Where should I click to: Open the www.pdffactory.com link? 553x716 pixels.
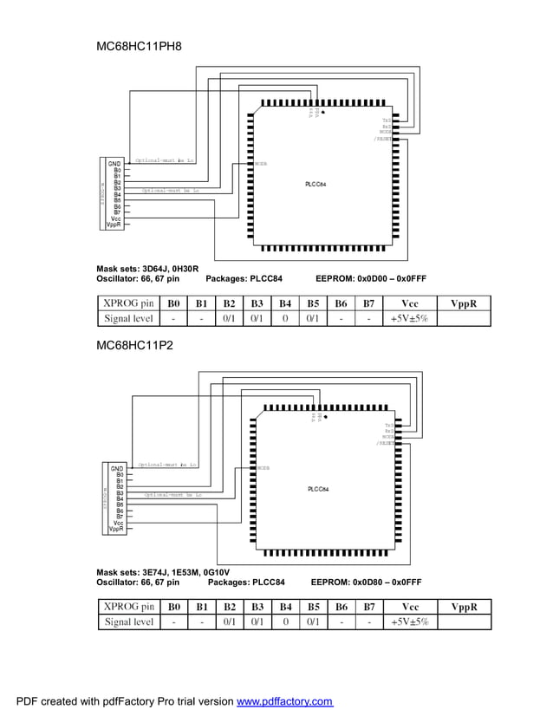[x=285, y=701]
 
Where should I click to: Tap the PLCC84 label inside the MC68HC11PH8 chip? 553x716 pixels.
[x=316, y=185]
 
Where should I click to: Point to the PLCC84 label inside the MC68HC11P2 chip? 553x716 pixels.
[x=317, y=489]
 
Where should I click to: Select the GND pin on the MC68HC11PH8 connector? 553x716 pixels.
[x=114, y=162]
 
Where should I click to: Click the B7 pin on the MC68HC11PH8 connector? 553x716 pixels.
[x=117, y=212]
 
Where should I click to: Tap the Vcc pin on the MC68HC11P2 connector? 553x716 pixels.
[x=117, y=523]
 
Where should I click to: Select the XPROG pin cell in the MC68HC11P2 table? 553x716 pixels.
[x=128, y=606]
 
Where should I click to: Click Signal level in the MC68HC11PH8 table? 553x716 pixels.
[x=128, y=318]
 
